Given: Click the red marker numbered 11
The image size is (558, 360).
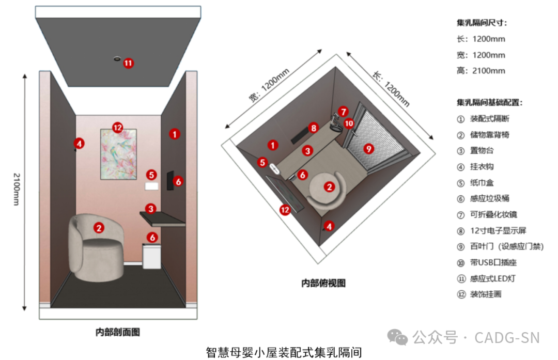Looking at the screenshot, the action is coord(128,63).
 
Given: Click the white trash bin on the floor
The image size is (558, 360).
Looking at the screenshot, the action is coord(151,256).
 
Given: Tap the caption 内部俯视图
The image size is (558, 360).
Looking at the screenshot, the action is coord(323,283).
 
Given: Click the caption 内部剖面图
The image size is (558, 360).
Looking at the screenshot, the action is coord(118,332).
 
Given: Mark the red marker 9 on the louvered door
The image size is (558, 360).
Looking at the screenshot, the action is coord(368,148).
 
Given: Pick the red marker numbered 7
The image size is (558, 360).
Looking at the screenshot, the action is coord(343,112).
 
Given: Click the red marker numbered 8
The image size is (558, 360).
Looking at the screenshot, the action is coord(313,127).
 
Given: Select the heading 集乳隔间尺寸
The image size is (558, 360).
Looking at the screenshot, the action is coord(482,23).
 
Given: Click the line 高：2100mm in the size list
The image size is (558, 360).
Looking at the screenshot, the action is coord(481,71).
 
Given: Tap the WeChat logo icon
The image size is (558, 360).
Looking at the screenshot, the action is coord(398,338).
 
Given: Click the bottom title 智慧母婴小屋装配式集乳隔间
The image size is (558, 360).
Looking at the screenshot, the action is coord(284,352).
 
